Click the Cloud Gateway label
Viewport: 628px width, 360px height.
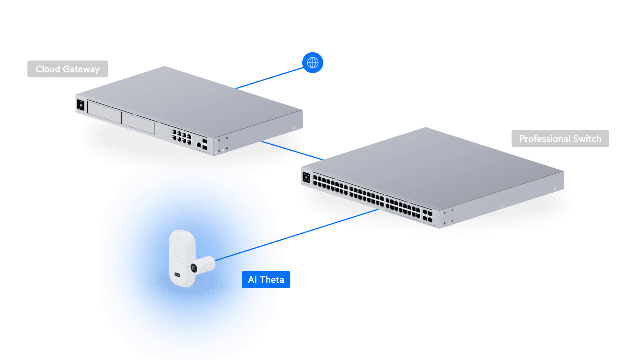click(67, 69)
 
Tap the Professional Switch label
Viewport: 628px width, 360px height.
click(560, 139)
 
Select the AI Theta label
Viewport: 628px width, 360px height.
click(266, 280)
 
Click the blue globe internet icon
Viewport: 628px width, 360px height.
click(313, 63)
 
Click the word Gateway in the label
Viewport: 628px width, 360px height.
click(81, 69)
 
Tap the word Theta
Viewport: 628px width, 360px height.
click(272, 280)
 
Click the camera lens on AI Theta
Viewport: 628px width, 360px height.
click(194, 268)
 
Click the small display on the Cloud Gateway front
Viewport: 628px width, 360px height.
click(81, 105)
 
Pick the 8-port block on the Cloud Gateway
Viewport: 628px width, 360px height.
click(182, 137)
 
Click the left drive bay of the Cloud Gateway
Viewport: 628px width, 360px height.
click(104, 112)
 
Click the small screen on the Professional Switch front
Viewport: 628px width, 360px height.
click(306, 177)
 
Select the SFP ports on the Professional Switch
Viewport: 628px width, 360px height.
click(427, 216)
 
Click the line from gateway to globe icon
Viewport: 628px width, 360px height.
click(270, 78)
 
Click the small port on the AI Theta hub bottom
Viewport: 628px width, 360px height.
click(177, 275)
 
